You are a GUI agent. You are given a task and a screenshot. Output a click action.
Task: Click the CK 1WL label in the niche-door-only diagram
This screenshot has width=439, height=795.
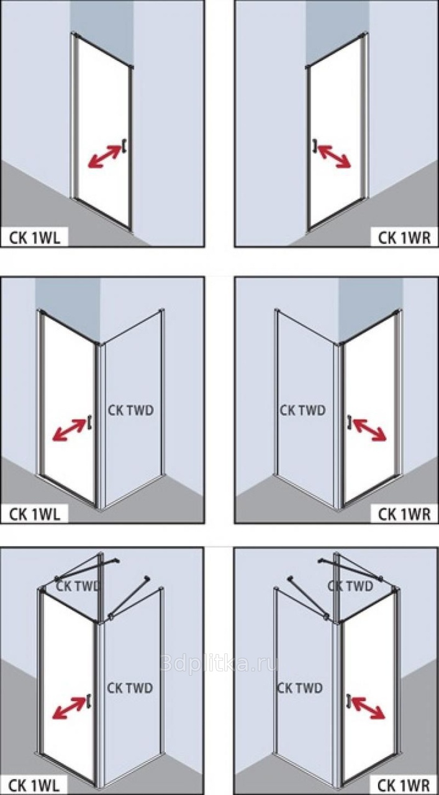click(x=35, y=237)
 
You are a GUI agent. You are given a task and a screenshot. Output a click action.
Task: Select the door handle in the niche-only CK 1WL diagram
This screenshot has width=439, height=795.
click(x=125, y=145)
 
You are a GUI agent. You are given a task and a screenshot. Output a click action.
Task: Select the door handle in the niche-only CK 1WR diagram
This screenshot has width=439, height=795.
click(x=315, y=145)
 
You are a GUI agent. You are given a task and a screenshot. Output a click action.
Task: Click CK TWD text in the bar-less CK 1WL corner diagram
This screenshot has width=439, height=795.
click(x=130, y=411)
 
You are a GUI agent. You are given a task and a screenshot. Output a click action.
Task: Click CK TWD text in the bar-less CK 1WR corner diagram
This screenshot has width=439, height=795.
click(x=302, y=411)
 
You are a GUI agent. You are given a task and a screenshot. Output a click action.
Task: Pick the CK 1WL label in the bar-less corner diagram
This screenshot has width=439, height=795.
click(x=35, y=513)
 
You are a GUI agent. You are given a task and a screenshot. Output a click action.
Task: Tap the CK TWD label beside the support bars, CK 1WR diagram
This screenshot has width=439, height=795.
click(x=351, y=586)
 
